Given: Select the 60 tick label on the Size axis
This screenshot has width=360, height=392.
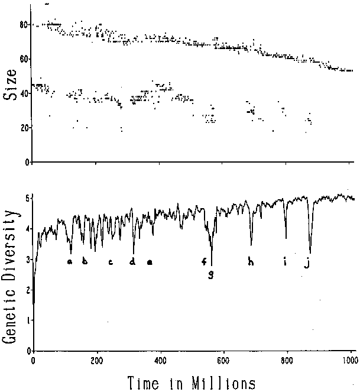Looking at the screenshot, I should [x=22, y=59].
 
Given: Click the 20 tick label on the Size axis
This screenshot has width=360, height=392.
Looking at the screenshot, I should [x=22, y=128].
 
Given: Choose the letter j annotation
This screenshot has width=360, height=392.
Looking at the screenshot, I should [x=306, y=263].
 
